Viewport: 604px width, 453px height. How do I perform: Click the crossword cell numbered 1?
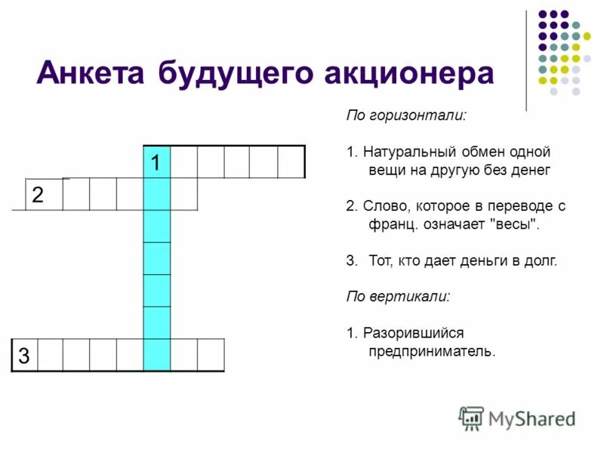pos(157,162)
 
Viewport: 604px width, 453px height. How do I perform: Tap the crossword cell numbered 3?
pos(24,355)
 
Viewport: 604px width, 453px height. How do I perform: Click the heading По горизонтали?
pos(406,117)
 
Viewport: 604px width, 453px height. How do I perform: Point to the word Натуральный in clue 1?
pos(399,153)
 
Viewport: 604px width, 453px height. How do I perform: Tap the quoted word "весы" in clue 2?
pos(516,224)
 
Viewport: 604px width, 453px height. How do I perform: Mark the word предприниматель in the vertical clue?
pos(430,351)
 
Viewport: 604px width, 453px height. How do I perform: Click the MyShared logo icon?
pos(471,418)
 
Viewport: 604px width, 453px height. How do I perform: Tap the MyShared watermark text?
pos(532,418)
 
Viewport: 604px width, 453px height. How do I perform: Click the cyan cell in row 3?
pos(157,355)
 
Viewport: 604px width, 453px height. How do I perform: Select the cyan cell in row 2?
pos(157,194)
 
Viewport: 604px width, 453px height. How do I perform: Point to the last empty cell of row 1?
pos(291,162)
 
